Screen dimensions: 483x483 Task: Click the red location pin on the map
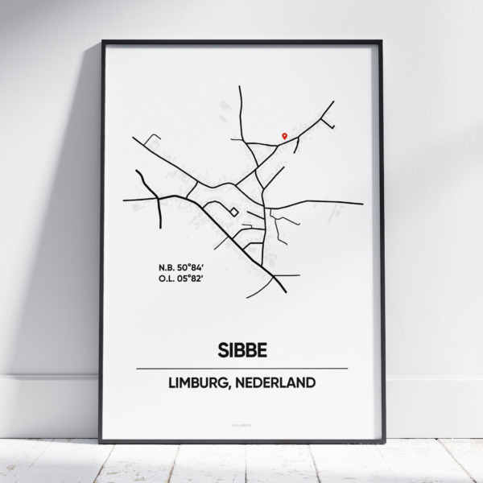point(283,136)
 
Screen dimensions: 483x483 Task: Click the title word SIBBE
point(242,350)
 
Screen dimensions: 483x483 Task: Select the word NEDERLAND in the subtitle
point(275,383)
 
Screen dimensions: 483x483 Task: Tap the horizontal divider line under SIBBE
point(242,368)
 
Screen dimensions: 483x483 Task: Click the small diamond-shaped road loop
point(233,212)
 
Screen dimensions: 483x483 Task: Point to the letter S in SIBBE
point(220,350)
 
